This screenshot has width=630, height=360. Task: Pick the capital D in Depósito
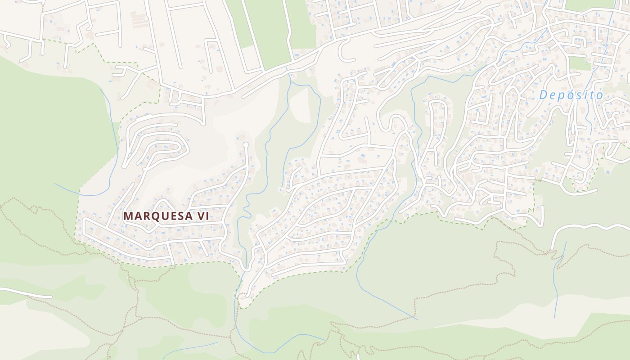pyautogui.click(x=544, y=95)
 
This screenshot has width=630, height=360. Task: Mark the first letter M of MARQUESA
pyautogui.click(x=128, y=216)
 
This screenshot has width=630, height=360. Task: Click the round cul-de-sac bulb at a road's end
pyautogui.click(x=245, y=145)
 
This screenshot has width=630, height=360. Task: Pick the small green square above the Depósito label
pyautogui.click(x=580, y=63)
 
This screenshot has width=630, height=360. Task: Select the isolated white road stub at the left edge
pyautogui.click(x=27, y=293)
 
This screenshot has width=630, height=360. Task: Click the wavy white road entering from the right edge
pyautogui.click(x=589, y=228)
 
